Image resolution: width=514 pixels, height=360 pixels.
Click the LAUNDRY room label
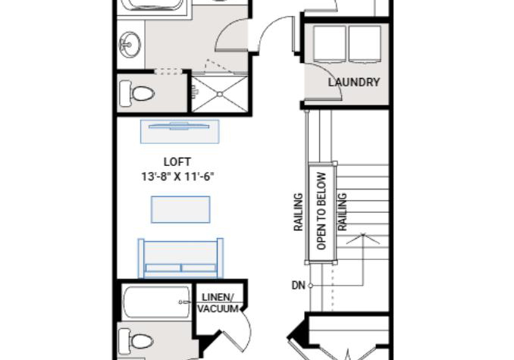pyautogui.click(x=354, y=82)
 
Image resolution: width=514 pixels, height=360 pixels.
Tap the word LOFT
pyautogui.click(x=177, y=162)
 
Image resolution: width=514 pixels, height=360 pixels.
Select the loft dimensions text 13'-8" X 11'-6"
pyautogui.click(x=177, y=177)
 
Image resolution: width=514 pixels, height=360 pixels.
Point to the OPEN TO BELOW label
pyautogui.click(x=321, y=211)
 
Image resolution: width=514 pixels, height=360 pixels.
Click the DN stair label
pyautogui.click(x=298, y=286)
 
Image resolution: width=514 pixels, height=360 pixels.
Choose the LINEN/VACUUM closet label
pyautogui.click(x=218, y=303)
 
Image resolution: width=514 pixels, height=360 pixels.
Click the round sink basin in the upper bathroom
pyautogui.click(x=129, y=45)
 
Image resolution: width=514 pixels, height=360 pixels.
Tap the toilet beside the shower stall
pyautogui.click(x=136, y=94)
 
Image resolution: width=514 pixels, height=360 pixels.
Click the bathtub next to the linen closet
pyautogui.click(x=156, y=302)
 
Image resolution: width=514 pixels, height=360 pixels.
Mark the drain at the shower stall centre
pyautogui.click(x=220, y=94)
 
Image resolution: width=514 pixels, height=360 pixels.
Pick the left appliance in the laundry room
pyautogui.click(x=329, y=44)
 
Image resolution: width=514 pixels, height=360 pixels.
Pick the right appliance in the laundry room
pyautogui.click(x=365, y=44)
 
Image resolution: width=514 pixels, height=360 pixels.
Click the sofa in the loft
pyautogui.click(x=180, y=258)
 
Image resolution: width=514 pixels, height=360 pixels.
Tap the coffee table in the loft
pyautogui.click(x=180, y=210)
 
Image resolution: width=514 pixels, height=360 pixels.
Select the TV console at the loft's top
pyautogui.click(x=180, y=132)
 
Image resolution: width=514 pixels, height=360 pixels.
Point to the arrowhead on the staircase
pyautogui.click(x=363, y=239)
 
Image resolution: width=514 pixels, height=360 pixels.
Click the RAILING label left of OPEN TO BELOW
pyautogui.click(x=298, y=212)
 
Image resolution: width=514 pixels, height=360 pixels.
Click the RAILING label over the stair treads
pyautogui.click(x=342, y=212)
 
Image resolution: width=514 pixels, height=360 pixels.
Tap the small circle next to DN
pyautogui.click(x=310, y=286)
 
